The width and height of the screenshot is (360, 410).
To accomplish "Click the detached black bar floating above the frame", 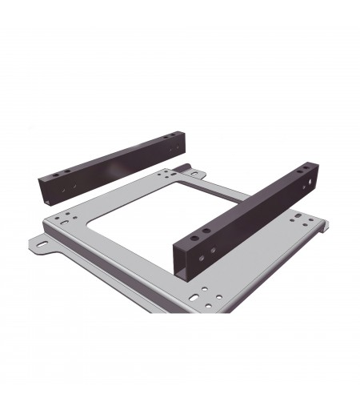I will click(112, 163).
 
